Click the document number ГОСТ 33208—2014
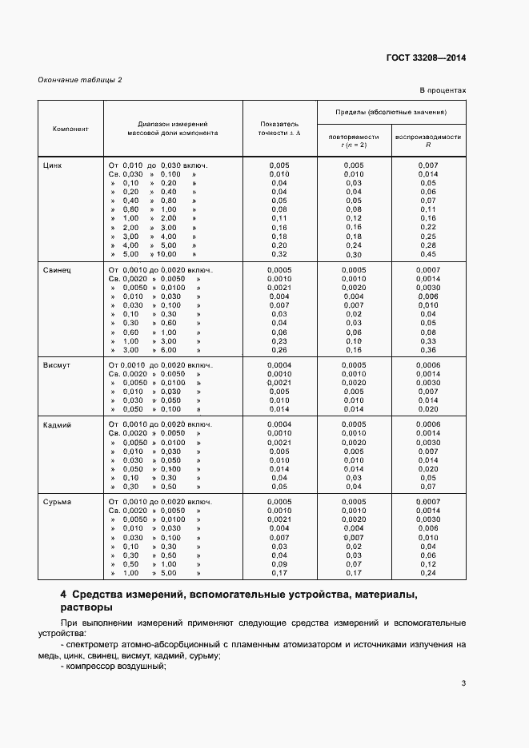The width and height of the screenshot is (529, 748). click(x=427, y=58)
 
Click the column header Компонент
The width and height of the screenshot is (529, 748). click(x=70, y=128)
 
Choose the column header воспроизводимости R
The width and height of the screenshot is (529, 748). click(x=427, y=140)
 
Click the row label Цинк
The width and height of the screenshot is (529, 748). click(x=53, y=165)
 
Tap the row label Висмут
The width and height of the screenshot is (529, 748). click(x=57, y=364)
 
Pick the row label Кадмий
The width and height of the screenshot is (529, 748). click(x=57, y=424)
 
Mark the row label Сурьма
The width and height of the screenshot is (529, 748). click(x=57, y=501)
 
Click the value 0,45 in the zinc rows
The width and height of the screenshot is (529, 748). click(x=427, y=255)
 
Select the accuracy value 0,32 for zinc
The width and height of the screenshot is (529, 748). click(x=279, y=255)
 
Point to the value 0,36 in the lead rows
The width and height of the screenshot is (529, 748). click(x=427, y=350)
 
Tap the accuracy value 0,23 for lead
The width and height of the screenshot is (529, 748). click(x=279, y=340)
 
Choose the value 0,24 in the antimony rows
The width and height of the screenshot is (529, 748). click(x=427, y=573)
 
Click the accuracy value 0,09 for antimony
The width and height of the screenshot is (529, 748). click(x=279, y=563)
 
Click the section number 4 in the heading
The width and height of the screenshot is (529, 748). click(x=64, y=595)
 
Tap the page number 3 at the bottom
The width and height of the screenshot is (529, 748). click(x=463, y=682)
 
